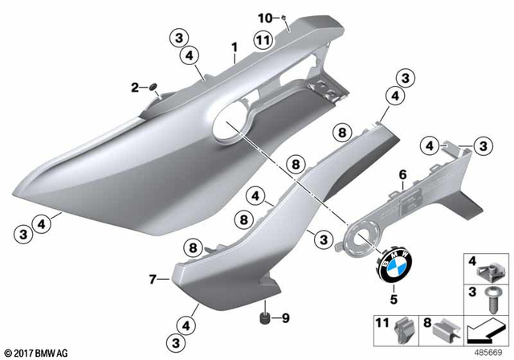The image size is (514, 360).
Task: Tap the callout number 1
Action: (x=234, y=47)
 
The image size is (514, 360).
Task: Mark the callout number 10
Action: (x=263, y=16)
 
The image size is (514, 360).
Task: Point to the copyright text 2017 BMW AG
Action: (x=37, y=351)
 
